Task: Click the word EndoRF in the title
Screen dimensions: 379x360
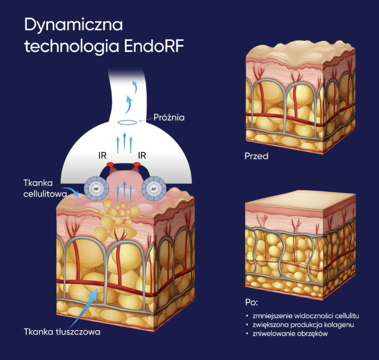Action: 154,46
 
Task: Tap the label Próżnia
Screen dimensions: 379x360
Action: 169,117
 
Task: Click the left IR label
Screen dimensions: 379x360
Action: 103,156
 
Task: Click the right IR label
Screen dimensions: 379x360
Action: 142,156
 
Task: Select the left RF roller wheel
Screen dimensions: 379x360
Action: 96,189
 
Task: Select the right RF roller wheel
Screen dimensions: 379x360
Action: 154,189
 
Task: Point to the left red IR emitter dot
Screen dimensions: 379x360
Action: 111,165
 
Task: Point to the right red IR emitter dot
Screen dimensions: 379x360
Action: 137,165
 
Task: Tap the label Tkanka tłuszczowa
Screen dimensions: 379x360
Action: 62,332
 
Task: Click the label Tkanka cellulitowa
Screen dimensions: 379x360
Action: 45,188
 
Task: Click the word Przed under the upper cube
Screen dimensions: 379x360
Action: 256,156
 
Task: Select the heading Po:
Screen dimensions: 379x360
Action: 251,302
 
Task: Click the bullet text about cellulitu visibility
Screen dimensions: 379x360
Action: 306,316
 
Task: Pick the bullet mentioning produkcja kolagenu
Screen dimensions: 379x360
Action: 303,325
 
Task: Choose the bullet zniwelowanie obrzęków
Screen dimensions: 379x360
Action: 290,333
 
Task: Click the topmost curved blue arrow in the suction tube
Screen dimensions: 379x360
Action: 135,87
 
